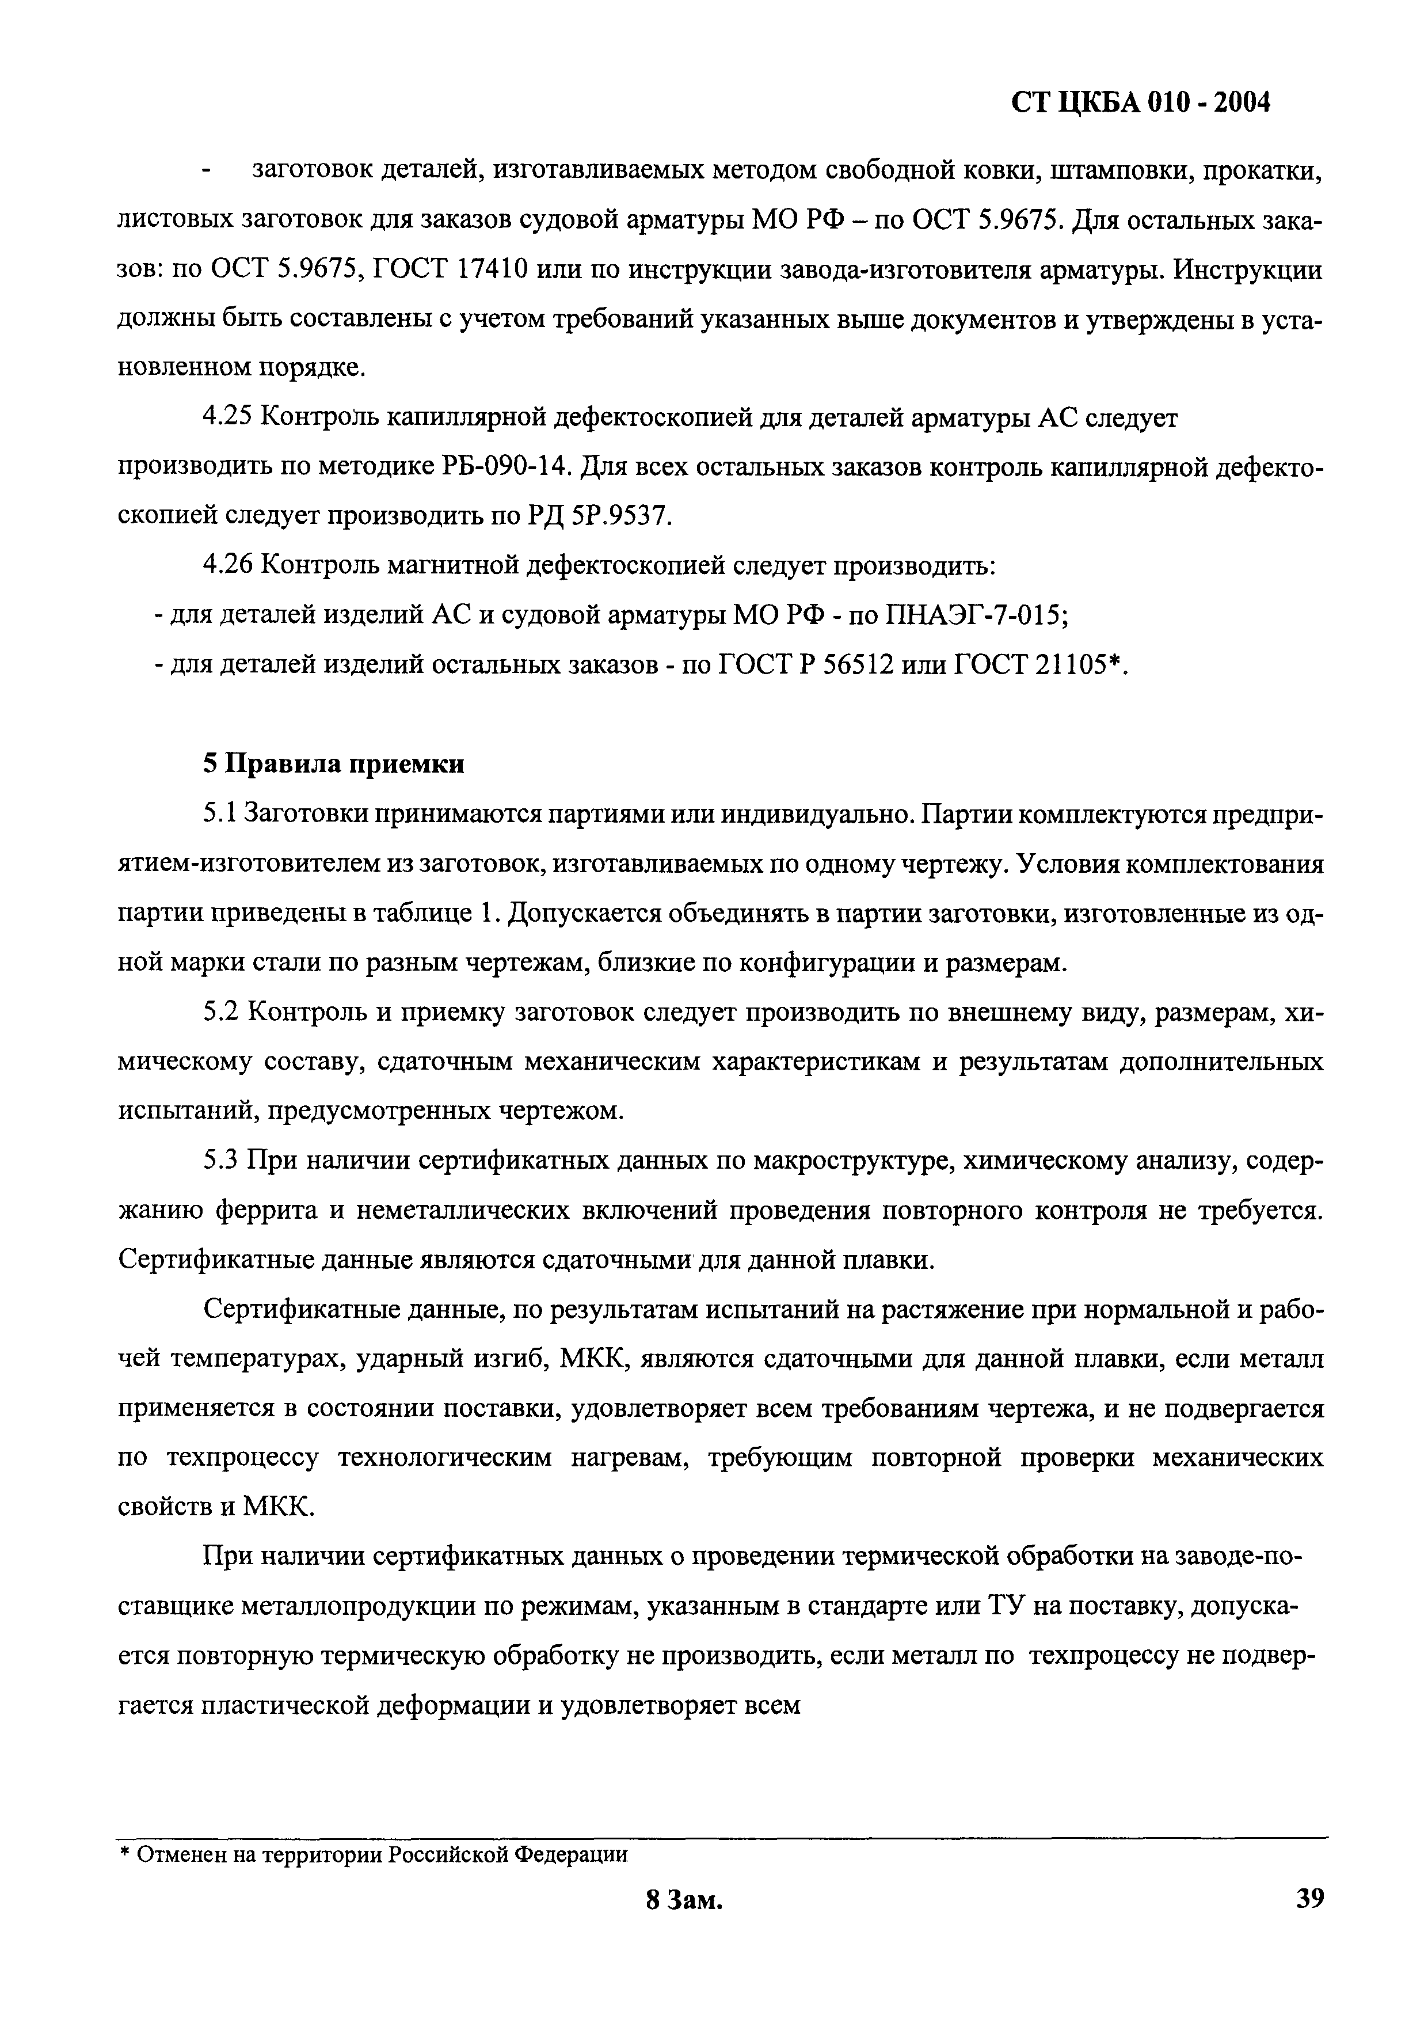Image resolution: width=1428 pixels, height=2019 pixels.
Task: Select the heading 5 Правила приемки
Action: pyautogui.click(x=334, y=763)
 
